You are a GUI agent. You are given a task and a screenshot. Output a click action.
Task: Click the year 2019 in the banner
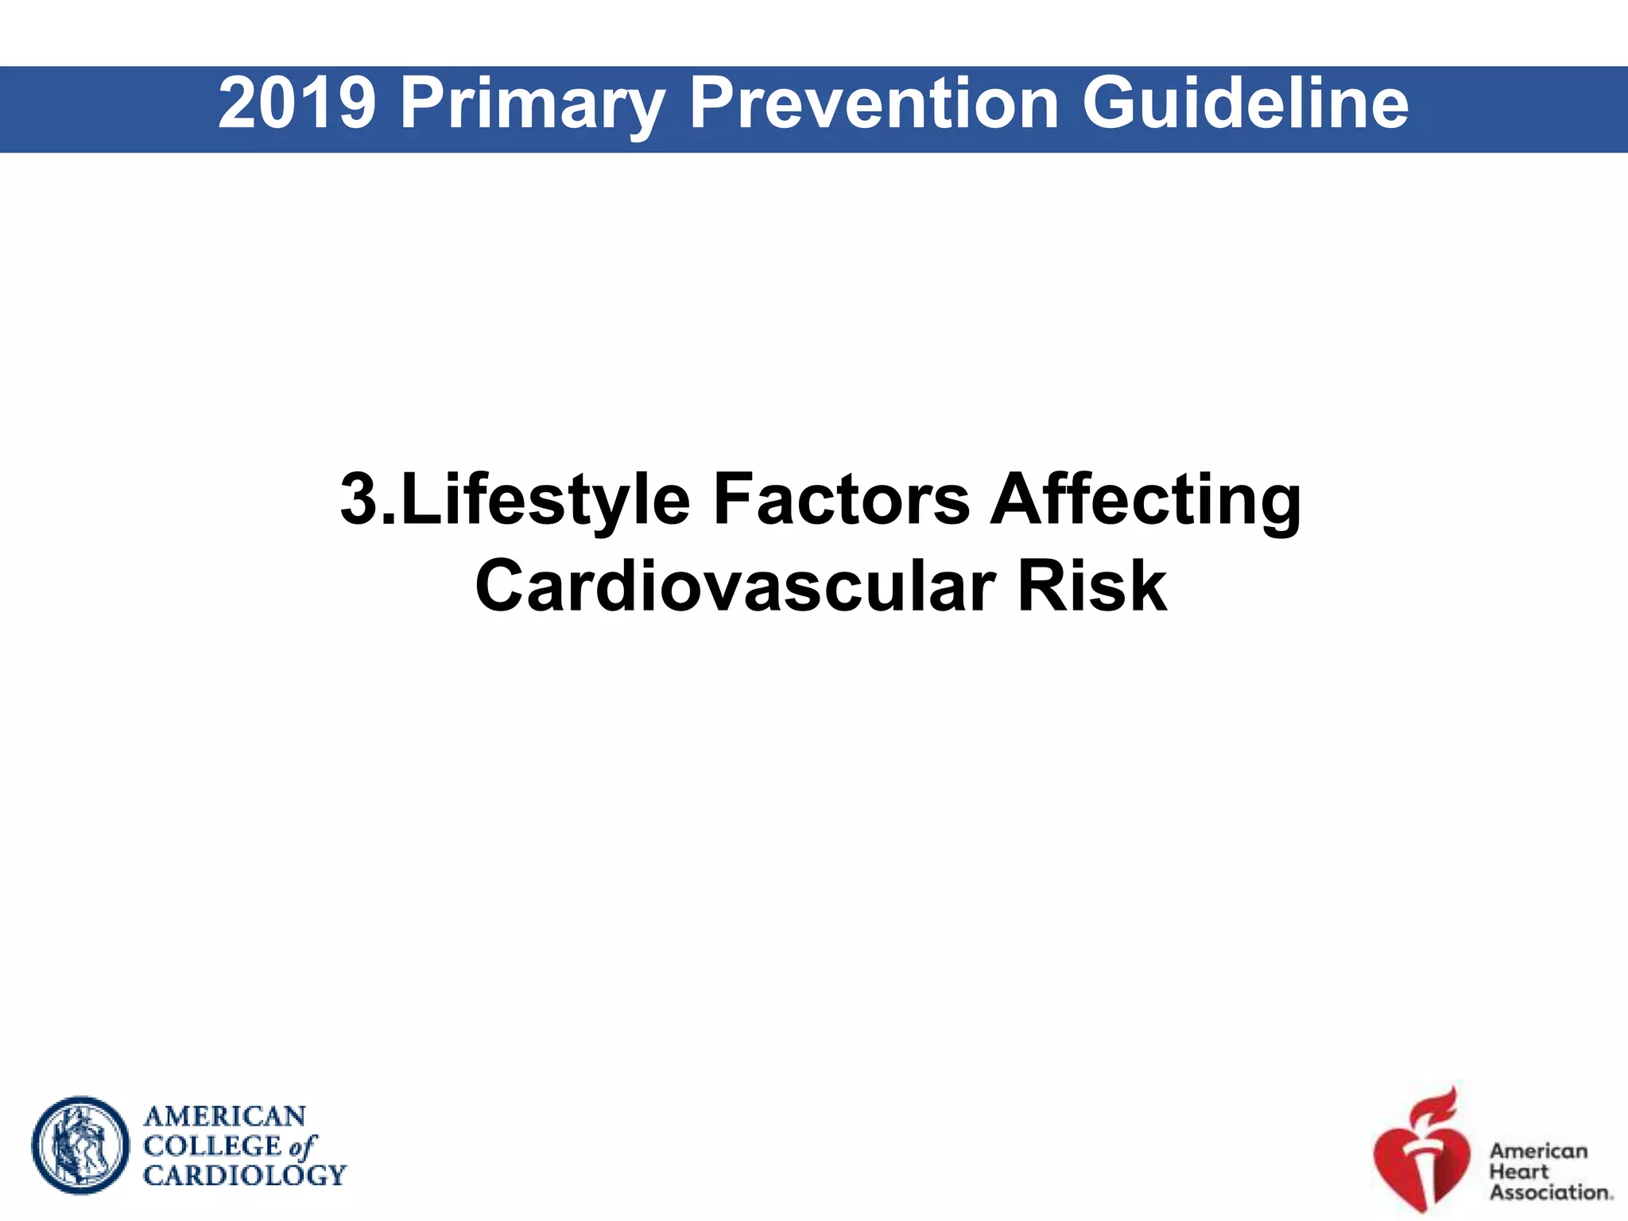(x=296, y=103)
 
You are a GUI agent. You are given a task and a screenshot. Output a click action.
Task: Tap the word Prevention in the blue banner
(x=873, y=103)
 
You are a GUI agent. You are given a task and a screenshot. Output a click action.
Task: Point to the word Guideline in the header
(x=1245, y=103)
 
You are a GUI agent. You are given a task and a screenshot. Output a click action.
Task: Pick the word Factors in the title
(x=841, y=499)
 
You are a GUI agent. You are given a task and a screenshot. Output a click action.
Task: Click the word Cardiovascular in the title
(x=734, y=587)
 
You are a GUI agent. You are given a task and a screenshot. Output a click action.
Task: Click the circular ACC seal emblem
(x=80, y=1145)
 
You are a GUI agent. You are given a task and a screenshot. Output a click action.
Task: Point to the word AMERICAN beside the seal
(x=224, y=1117)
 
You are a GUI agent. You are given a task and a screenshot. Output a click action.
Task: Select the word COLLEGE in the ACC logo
(x=212, y=1146)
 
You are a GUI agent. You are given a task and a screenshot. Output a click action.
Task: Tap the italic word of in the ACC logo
(x=302, y=1147)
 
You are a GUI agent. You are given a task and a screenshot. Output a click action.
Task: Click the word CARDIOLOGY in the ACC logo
(x=244, y=1175)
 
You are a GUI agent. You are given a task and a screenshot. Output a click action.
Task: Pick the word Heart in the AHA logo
(x=1518, y=1172)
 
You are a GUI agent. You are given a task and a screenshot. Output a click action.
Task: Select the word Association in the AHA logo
(x=1549, y=1192)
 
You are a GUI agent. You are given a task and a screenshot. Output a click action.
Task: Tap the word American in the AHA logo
(x=1537, y=1151)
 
